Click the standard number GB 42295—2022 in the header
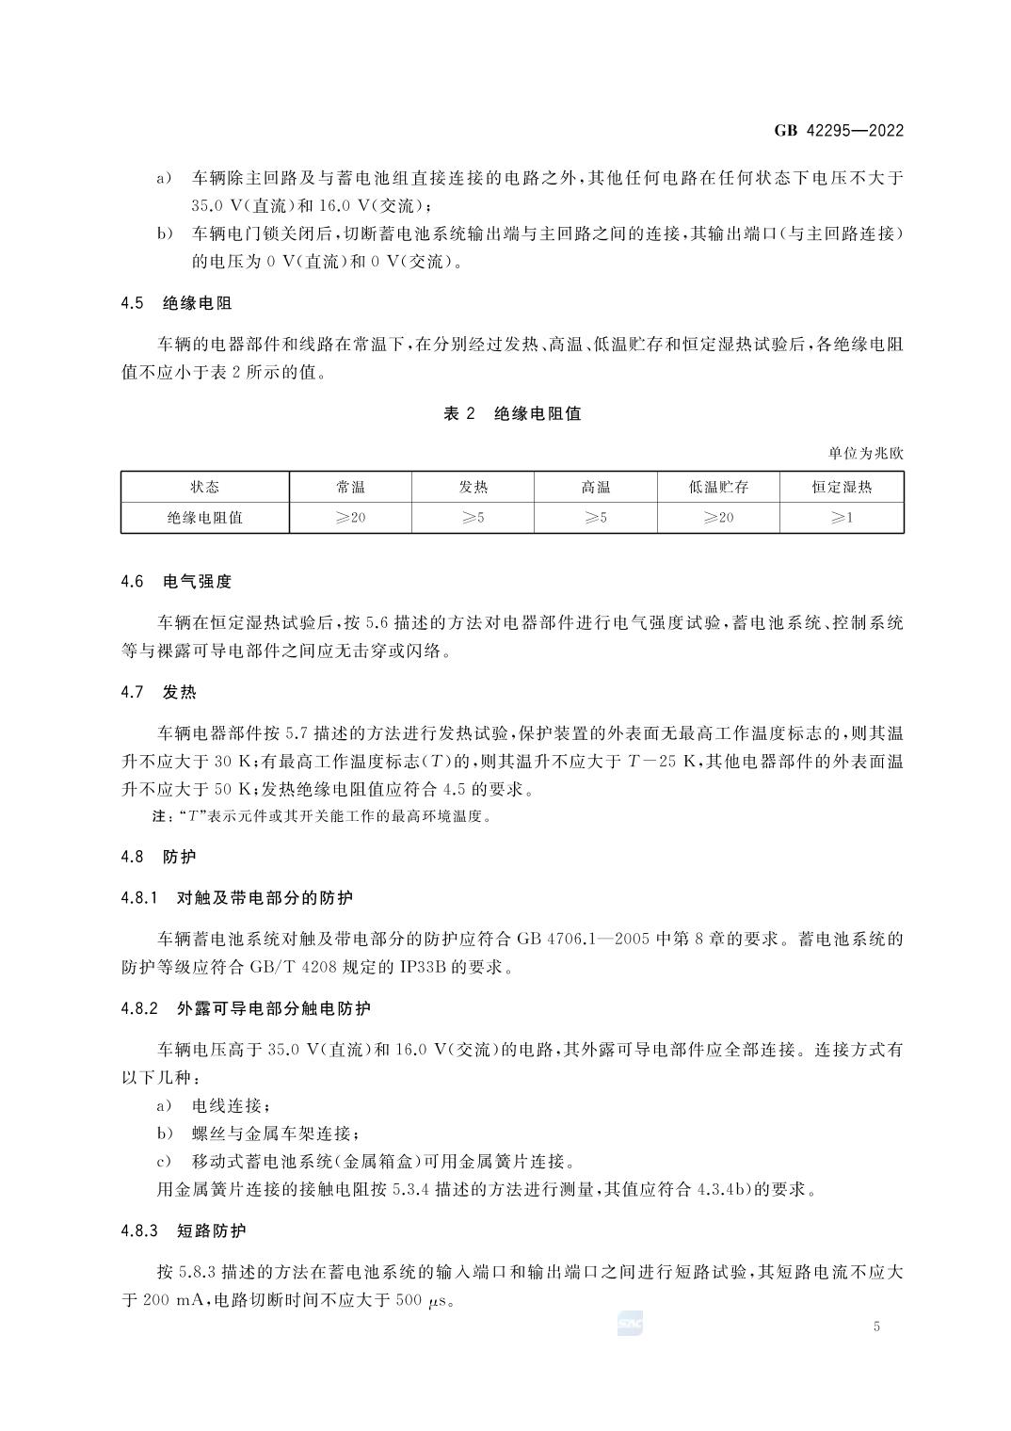tap(839, 131)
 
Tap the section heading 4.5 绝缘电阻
tap(176, 303)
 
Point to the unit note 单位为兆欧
tap(865, 453)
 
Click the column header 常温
tap(350, 487)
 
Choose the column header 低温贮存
tap(718, 487)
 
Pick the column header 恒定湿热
tap(842, 487)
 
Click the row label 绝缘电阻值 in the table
tap(204, 517)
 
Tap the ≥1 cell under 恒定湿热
tap(842, 517)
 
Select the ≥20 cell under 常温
tap(350, 517)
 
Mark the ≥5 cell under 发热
tap(473, 517)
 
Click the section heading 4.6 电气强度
tap(176, 582)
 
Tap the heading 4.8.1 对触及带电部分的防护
tap(236, 898)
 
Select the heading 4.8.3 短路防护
tap(184, 1230)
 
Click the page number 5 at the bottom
tap(876, 1326)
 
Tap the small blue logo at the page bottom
tap(630, 1324)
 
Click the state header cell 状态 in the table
tap(204, 487)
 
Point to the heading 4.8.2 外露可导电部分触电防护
tap(246, 1008)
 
